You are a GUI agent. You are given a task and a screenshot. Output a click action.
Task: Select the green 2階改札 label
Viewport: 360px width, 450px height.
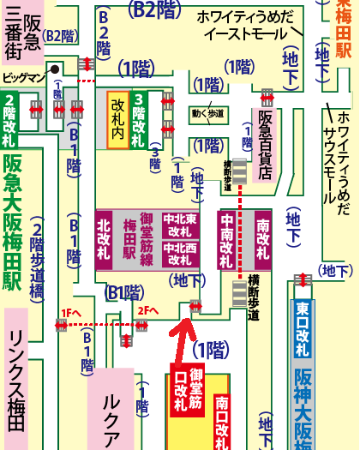click(x=9, y=122)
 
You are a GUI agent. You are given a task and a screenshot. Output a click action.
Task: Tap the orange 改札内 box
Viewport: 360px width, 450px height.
click(x=117, y=120)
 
